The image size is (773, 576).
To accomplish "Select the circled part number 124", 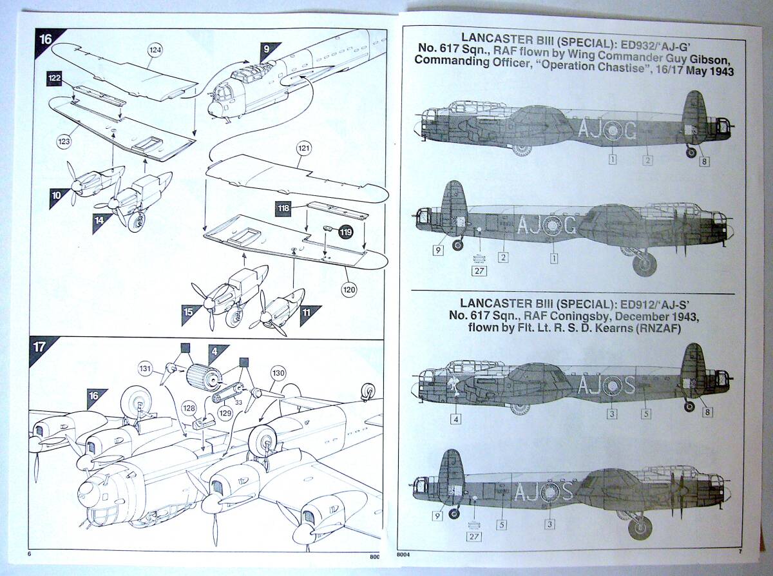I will click(155, 49).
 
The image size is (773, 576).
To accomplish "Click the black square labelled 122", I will click(55, 78).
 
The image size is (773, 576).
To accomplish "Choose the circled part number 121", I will click(303, 148).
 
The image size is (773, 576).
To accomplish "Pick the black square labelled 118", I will click(283, 209).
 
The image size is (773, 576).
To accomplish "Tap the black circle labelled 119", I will click(347, 231).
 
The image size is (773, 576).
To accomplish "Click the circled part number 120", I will click(348, 289).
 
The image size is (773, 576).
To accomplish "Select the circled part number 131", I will click(146, 369).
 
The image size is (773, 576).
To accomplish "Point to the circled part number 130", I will click(278, 373).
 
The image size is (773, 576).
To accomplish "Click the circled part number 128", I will click(189, 408).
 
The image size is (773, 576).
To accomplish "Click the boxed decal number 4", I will click(457, 419).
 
